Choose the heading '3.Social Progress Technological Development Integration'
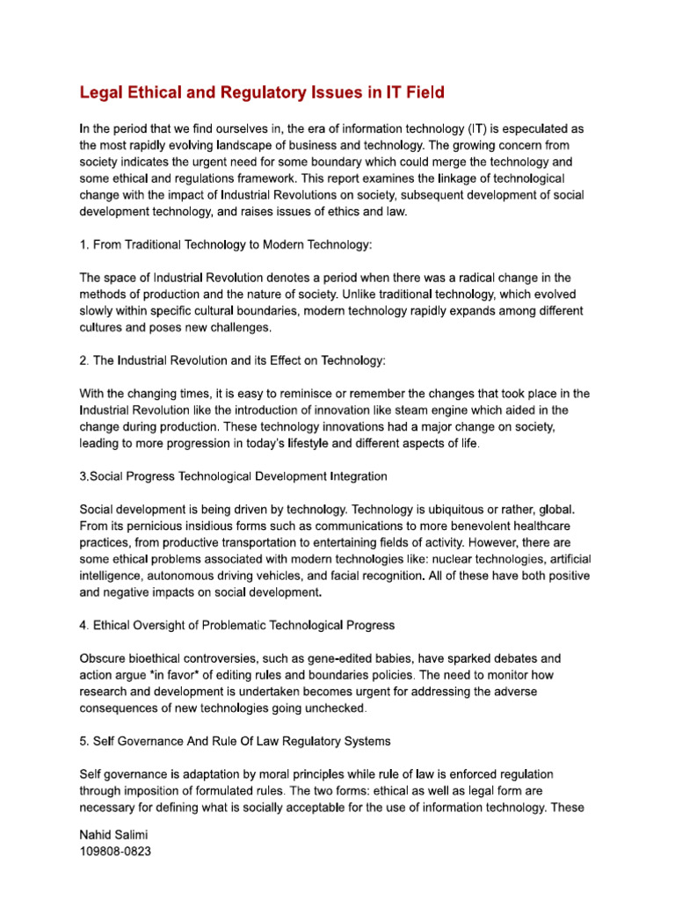[233, 476]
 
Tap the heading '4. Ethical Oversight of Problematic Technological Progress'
[237, 625]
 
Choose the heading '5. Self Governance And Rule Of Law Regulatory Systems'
[236, 741]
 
